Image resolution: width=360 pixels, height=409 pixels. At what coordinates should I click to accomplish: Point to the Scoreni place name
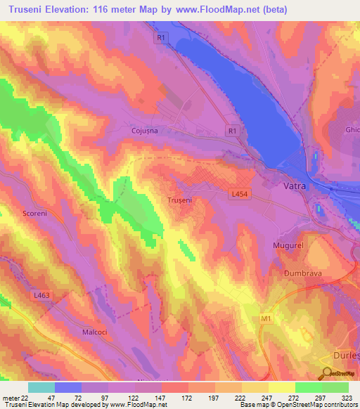pyautogui.click(x=35, y=214)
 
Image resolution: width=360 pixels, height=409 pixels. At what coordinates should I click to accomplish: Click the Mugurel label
pyautogui.click(x=287, y=245)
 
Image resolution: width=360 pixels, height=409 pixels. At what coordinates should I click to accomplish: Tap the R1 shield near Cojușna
pyautogui.click(x=233, y=131)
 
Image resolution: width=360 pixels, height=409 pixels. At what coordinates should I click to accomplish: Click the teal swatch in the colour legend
pyautogui.click(x=41, y=387)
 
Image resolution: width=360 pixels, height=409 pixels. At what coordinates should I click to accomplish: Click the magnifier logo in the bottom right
pyautogui.click(x=328, y=373)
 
